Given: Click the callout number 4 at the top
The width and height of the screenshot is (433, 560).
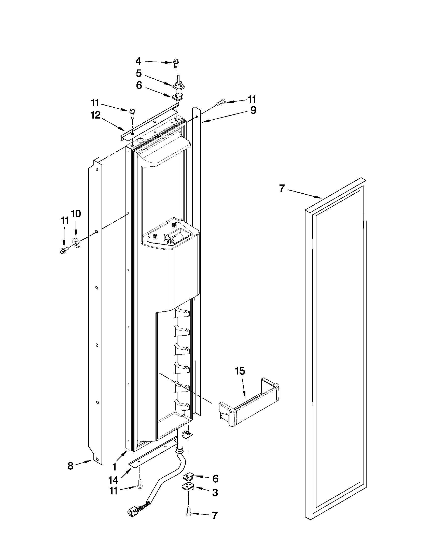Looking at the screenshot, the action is tap(138, 61).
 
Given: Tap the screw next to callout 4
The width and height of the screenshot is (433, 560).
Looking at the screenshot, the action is tap(176, 64).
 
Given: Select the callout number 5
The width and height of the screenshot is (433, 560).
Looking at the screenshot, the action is tap(139, 73).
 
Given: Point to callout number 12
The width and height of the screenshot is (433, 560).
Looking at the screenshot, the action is tap(95, 116).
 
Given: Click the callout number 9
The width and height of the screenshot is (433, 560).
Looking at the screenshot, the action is tap(253, 110).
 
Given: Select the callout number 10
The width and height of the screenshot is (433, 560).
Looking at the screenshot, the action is tap(76, 213).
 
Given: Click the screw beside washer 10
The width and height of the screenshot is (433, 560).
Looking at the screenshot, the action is tap(64, 250).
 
